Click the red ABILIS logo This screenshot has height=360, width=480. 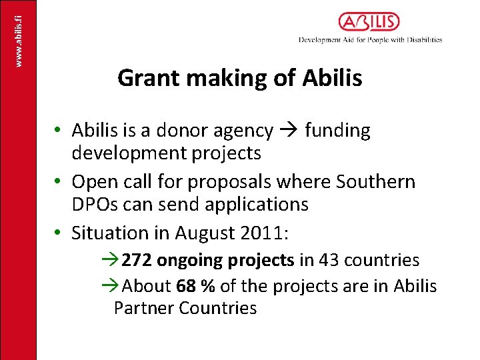click(369, 22)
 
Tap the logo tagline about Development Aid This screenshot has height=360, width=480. click(371, 40)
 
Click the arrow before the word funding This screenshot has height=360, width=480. click(289, 131)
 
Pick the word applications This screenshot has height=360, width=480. click(256, 205)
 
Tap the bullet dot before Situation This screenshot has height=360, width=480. click(59, 233)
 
